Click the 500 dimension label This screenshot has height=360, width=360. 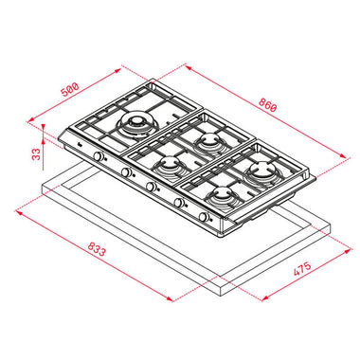[70, 90]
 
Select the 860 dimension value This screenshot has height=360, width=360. [267, 105]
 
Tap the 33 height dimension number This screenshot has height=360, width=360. [37, 153]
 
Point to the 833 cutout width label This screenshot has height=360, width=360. [96, 248]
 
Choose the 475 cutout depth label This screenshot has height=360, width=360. [302, 268]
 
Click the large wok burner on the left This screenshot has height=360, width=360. [137, 125]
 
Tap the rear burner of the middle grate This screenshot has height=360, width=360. [208, 141]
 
